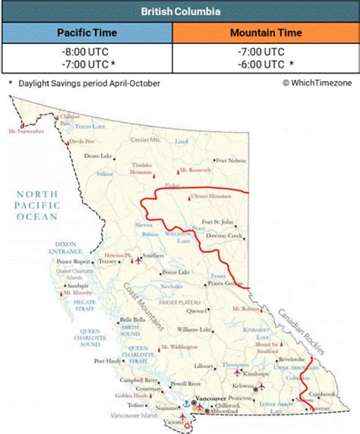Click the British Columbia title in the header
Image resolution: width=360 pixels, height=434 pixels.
click(x=180, y=11)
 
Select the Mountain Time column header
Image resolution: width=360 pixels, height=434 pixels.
click(x=266, y=33)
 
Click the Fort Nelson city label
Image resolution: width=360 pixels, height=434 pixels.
click(x=231, y=160)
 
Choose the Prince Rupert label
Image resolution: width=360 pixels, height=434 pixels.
click(x=74, y=263)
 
